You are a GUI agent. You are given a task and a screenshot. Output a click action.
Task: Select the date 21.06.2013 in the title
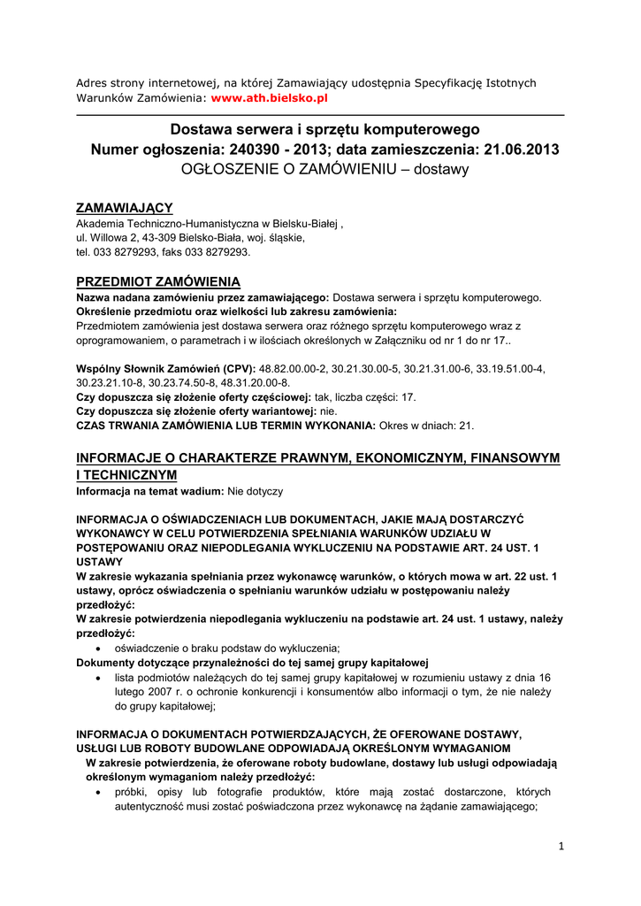coord(522,150)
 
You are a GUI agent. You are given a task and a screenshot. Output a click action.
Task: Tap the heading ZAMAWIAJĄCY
coord(124,208)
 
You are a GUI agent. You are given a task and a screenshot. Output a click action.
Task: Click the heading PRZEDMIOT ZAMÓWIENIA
coord(158,282)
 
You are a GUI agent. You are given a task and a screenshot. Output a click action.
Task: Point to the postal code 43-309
coord(162,238)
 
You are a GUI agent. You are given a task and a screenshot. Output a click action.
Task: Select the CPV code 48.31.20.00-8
coord(254,382)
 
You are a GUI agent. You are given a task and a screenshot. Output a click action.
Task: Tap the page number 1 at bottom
coord(561,847)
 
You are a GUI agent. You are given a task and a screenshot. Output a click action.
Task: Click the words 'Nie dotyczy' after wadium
coord(255,490)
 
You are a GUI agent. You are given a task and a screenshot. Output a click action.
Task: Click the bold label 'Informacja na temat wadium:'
coord(149,490)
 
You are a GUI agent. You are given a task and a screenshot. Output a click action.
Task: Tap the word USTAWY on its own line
coord(99,562)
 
